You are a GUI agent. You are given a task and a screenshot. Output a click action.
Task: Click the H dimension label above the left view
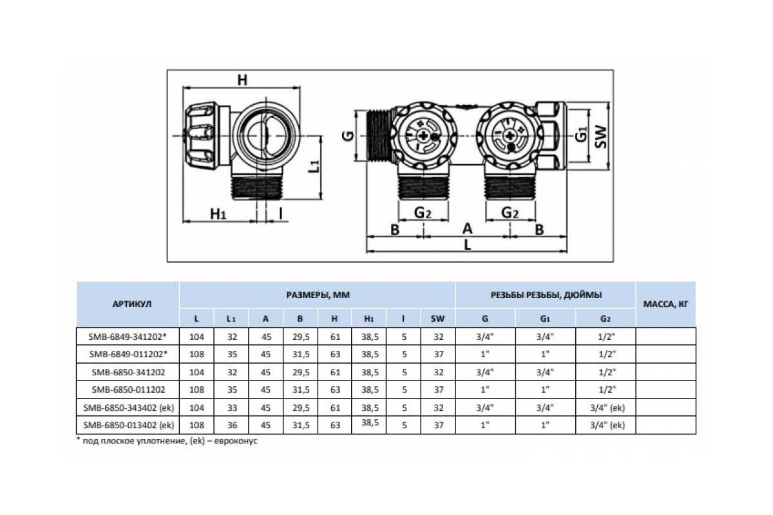[242, 80]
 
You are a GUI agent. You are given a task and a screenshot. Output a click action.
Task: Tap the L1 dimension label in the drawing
[314, 167]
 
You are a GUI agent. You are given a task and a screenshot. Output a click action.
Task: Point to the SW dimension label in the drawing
[601, 137]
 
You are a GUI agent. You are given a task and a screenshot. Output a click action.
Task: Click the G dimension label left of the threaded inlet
[348, 136]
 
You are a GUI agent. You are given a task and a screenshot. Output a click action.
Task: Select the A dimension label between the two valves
[467, 229]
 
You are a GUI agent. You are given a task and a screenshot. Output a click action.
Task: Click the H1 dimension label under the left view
[218, 214]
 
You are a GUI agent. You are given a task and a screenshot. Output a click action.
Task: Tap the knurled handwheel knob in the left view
[202, 136]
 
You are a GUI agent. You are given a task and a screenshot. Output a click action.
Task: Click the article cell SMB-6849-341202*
[128, 336]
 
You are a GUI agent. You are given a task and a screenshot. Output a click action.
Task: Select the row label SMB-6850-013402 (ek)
[128, 425]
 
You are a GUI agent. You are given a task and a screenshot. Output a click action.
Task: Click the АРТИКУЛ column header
[132, 304]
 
